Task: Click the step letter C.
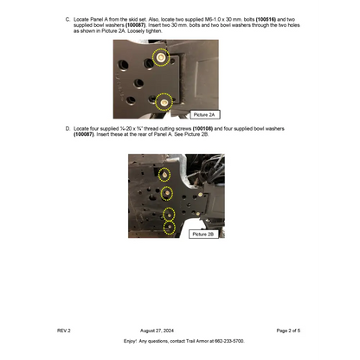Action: point(67,18)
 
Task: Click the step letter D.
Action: point(67,128)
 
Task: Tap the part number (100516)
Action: point(269,18)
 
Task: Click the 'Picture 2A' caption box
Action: point(205,114)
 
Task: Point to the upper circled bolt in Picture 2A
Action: point(160,57)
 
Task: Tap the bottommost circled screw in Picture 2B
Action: point(170,228)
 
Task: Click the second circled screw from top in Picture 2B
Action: point(168,192)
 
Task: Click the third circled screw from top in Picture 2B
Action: point(170,213)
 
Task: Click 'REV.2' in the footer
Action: point(64,331)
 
